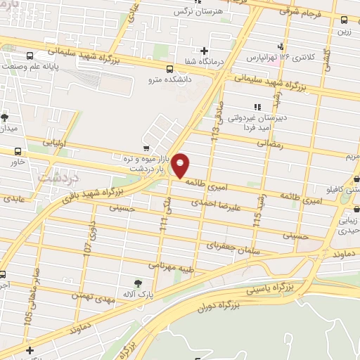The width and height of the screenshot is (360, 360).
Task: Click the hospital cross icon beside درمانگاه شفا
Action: (x=204, y=51)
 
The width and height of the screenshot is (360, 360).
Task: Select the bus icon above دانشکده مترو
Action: (x=169, y=69)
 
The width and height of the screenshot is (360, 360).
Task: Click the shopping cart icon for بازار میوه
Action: (x=146, y=148)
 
